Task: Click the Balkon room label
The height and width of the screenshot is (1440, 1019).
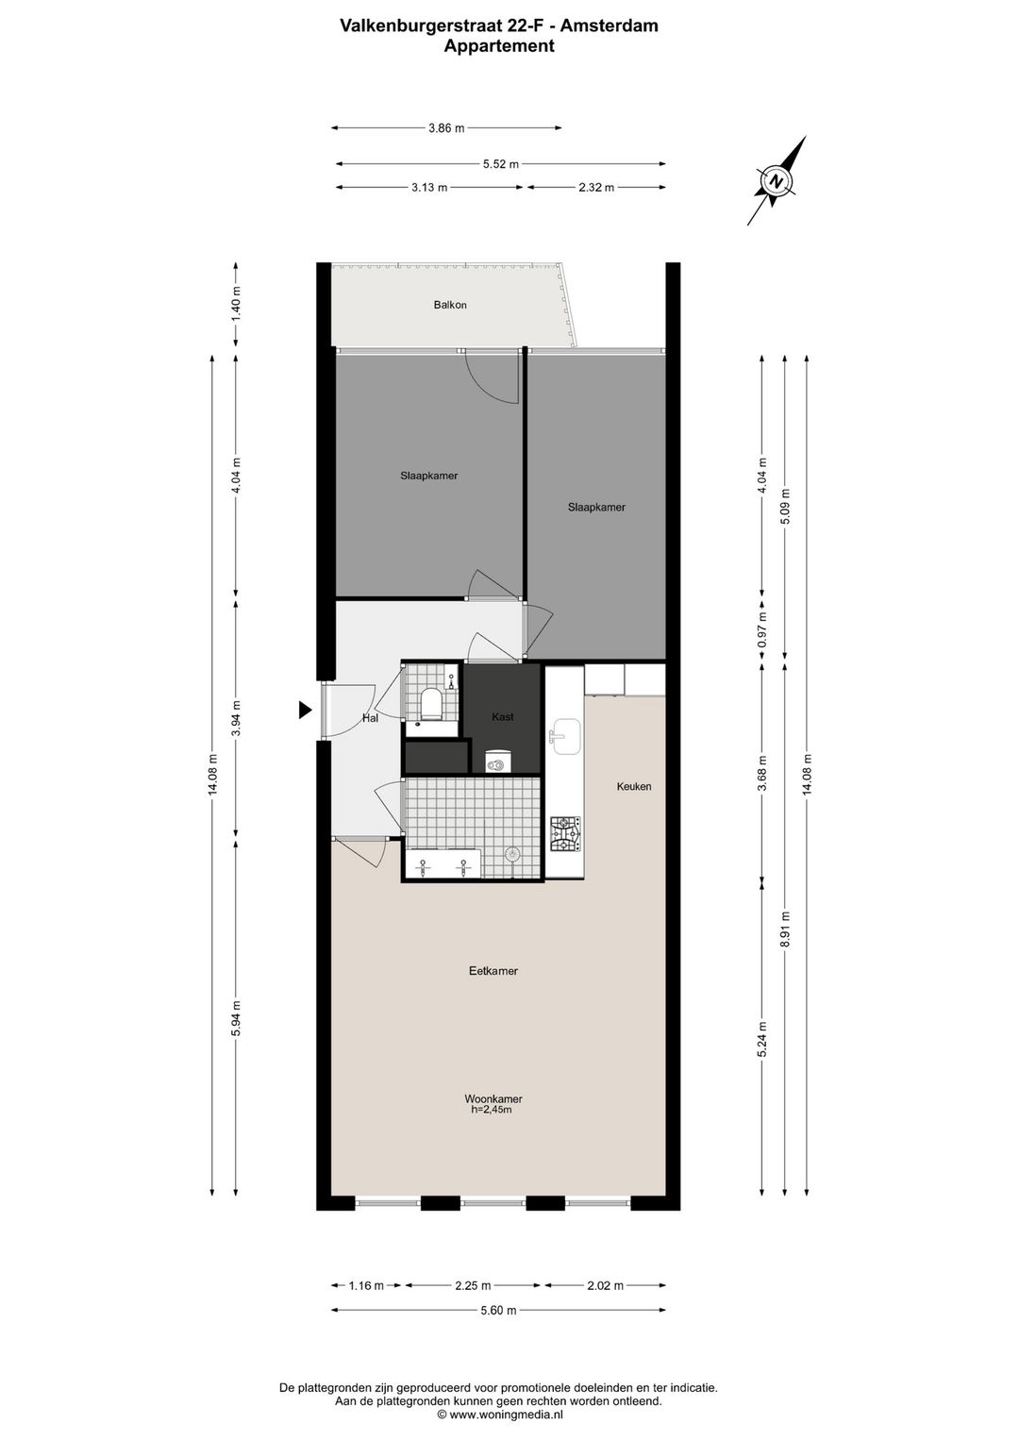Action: click(450, 305)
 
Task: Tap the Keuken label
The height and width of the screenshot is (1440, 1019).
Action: click(634, 786)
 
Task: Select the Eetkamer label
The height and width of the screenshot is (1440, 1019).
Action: click(493, 971)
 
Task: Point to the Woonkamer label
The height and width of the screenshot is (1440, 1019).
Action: click(493, 1098)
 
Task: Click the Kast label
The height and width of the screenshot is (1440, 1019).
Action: click(503, 717)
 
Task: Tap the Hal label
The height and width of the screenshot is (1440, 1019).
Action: click(370, 718)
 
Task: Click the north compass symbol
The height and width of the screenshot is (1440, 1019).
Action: click(777, 180)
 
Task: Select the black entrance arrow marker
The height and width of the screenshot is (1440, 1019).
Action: click(305, 711)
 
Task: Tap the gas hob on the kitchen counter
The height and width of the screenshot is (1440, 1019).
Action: click(566, 833)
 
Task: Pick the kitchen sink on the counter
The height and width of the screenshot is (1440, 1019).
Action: click(566, 737)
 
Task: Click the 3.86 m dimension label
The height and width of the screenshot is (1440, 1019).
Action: click(446, 128)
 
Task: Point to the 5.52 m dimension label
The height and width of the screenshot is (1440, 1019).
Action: click(501, 164)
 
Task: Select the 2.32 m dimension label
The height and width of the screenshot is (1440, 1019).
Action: click(596, 188)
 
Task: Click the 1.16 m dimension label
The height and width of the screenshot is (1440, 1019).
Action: click(366, 1285)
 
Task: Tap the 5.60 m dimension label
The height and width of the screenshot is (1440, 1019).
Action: click(499, 1310)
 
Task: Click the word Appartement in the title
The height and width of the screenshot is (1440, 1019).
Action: click(499, 45)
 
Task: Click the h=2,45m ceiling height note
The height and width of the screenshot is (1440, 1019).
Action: click(492, 1110)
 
